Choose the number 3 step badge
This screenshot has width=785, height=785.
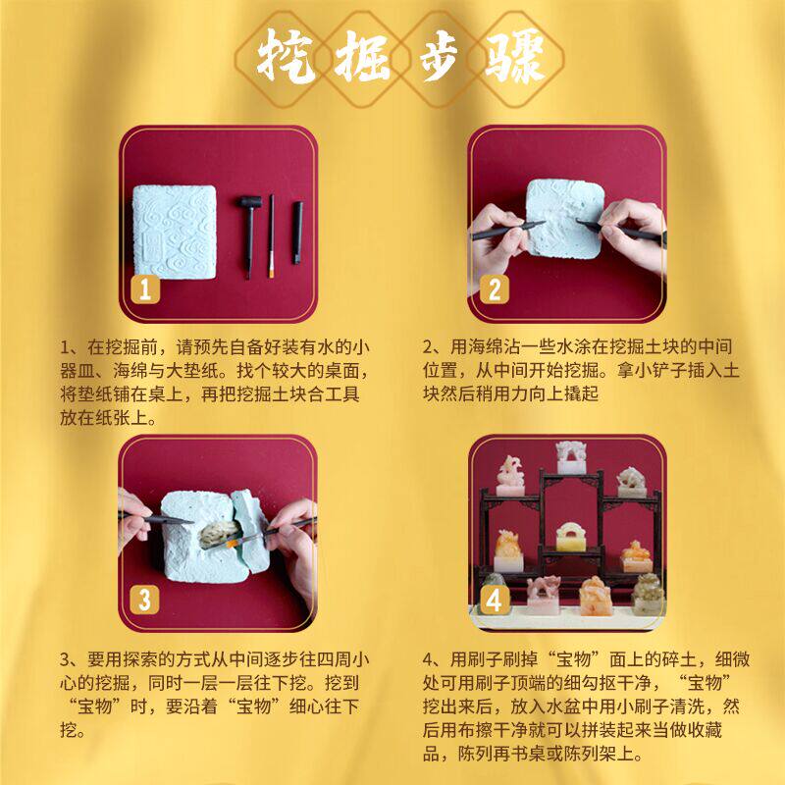coord(144,598)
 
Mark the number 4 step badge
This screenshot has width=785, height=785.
coord(495,598)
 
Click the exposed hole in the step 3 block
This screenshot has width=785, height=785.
coord(218,535)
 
